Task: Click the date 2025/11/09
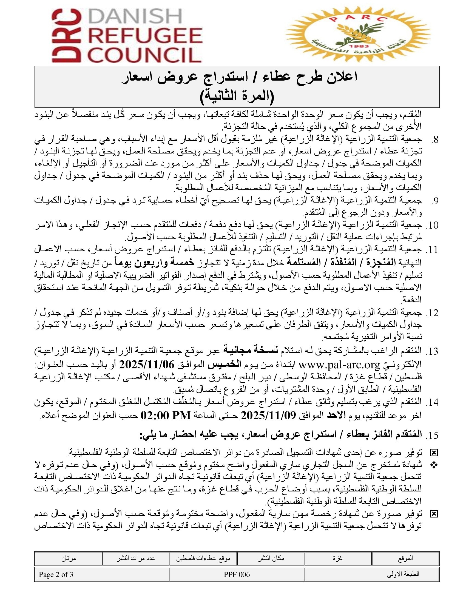268,415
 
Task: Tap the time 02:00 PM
166,415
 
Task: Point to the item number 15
432,436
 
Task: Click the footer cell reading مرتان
69,558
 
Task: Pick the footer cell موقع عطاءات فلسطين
203,558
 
